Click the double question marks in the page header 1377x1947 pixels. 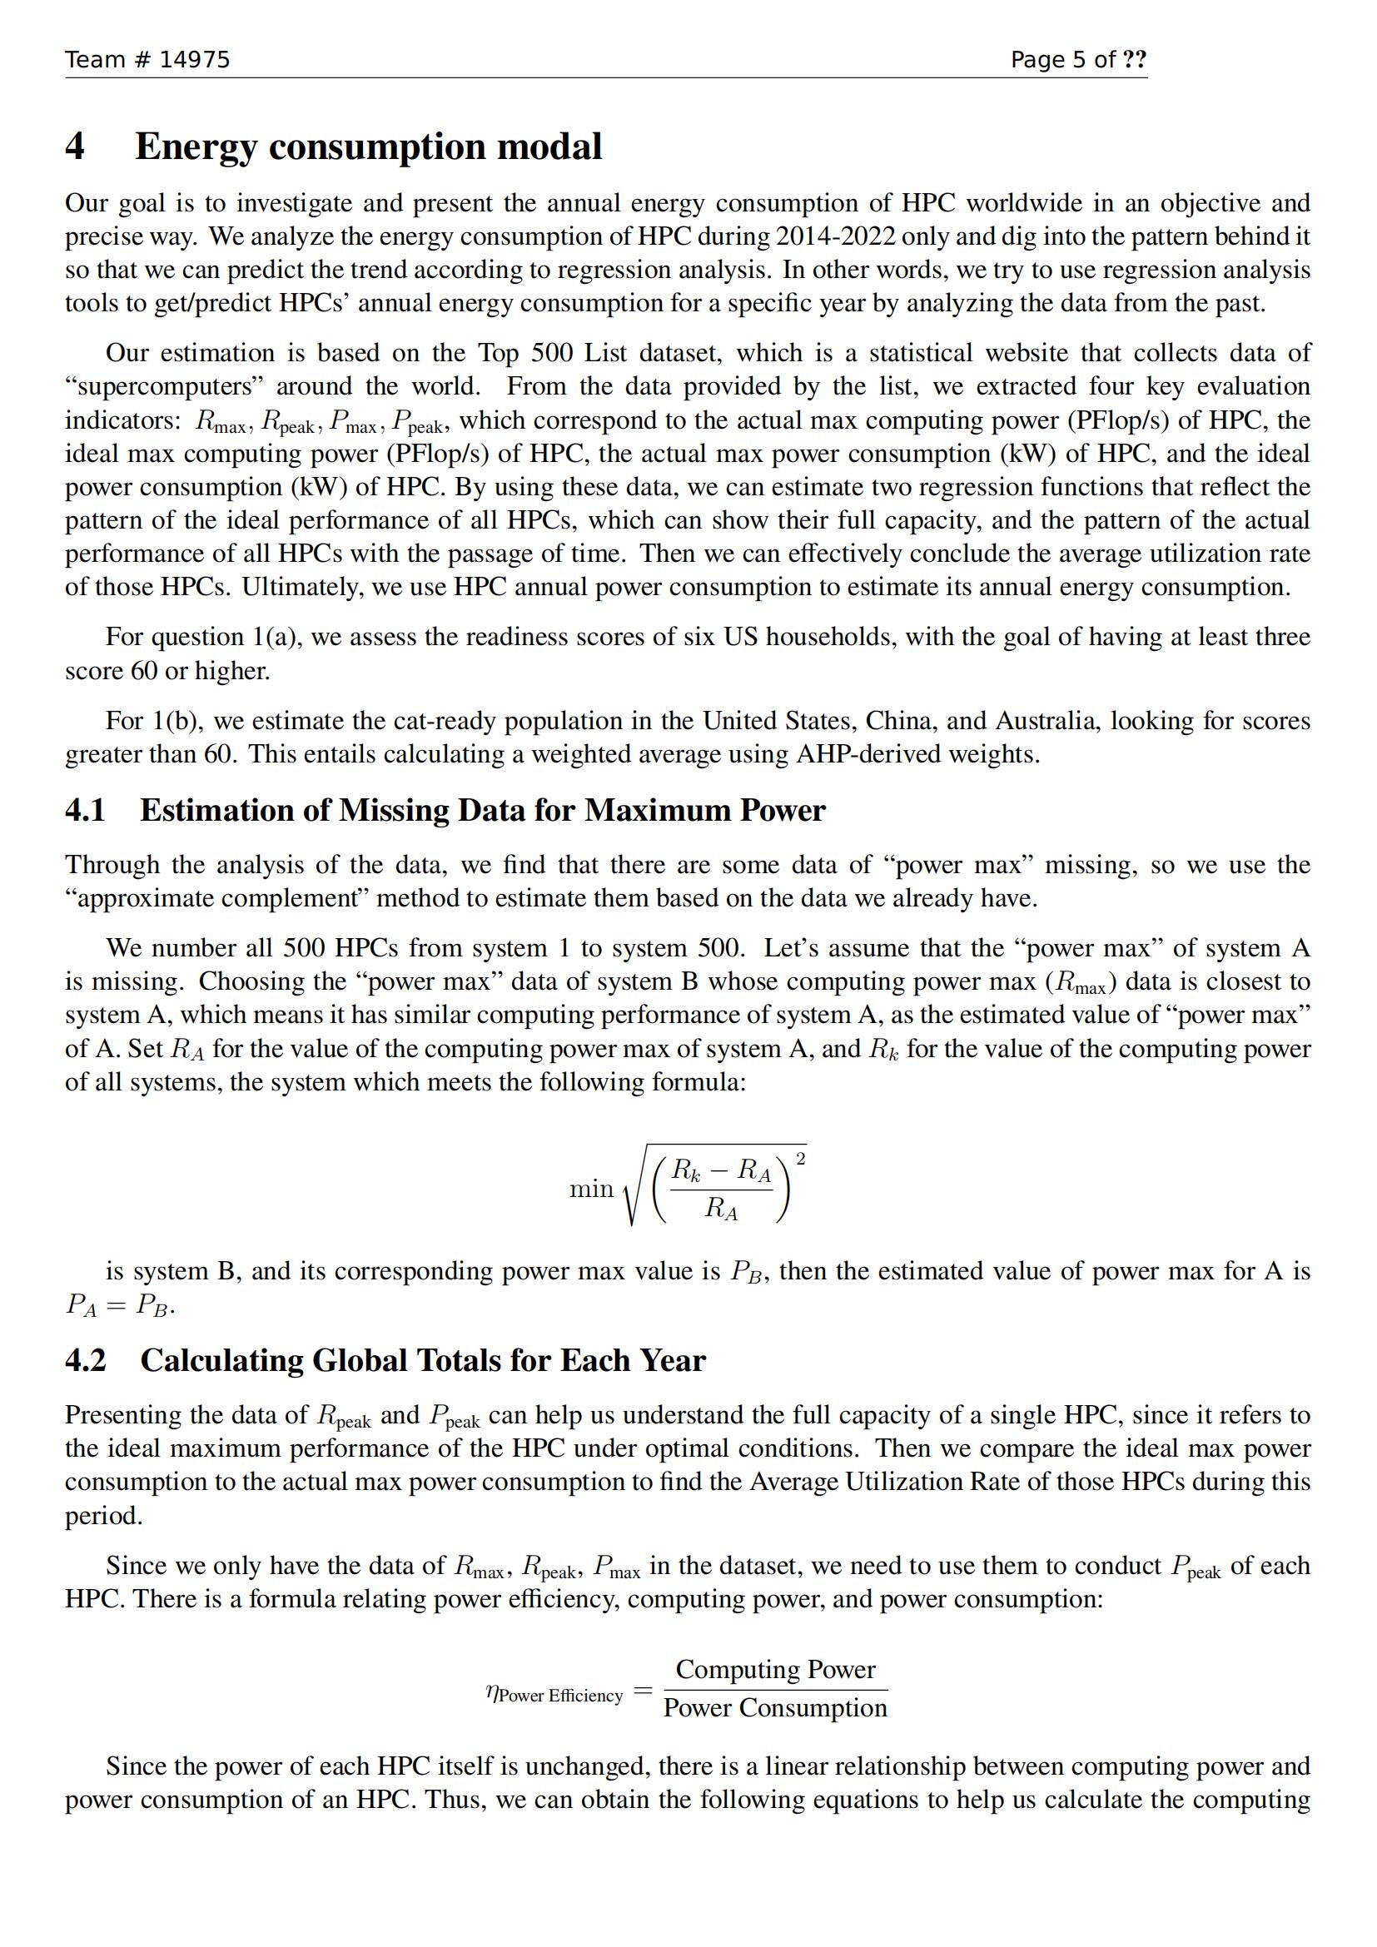[x=1135, y=59]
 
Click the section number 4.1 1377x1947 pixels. [x=85, y=811]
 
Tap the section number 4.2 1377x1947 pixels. [x=86, y=1360]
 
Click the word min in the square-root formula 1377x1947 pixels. [x=591, y=1189]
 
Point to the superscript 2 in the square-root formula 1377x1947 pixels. [x=801, y=1159]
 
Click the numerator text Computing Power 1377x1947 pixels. [x=775, y=1669]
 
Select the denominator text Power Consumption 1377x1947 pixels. [x=775, y=1707]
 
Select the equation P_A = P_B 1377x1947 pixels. [x=120, y=1304]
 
